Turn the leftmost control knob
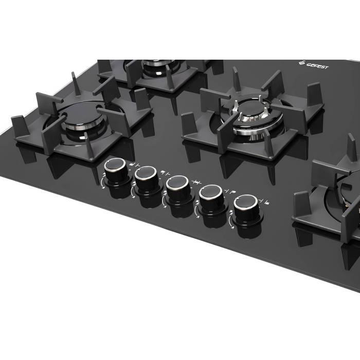(116, 170)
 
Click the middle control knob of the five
(178, 188)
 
